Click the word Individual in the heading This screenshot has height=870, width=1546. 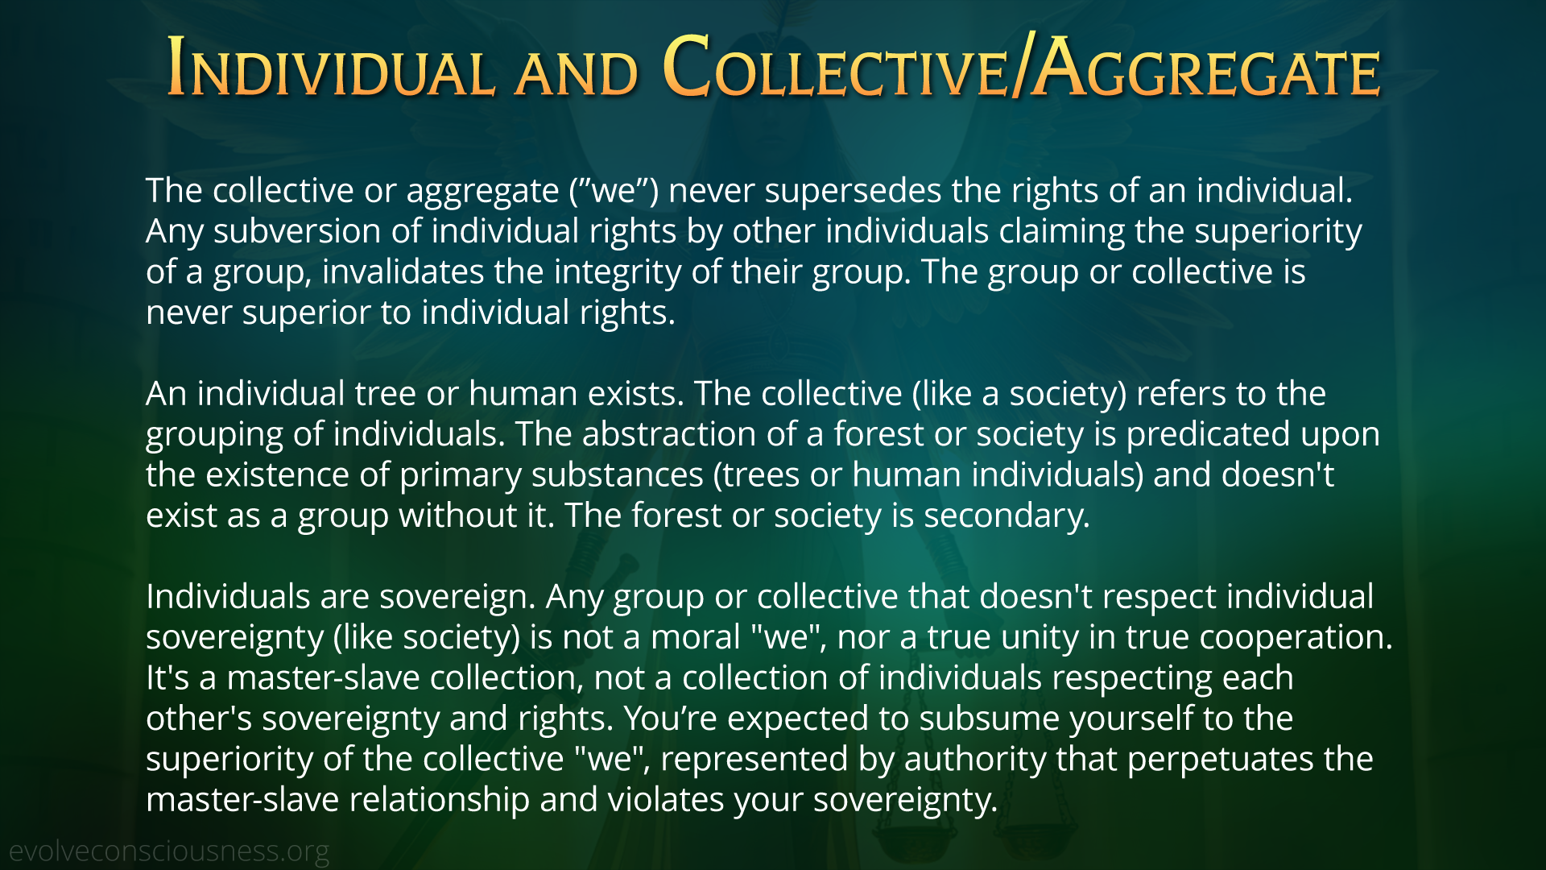(330, 68)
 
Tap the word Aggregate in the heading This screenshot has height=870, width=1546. (1206, 68)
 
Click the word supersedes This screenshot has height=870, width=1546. (853, 192)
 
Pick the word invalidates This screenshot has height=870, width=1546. (403, 271)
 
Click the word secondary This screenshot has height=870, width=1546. (1007, 516)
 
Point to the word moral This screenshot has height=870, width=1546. (696, 637)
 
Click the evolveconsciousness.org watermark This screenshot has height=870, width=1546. (169, 851)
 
